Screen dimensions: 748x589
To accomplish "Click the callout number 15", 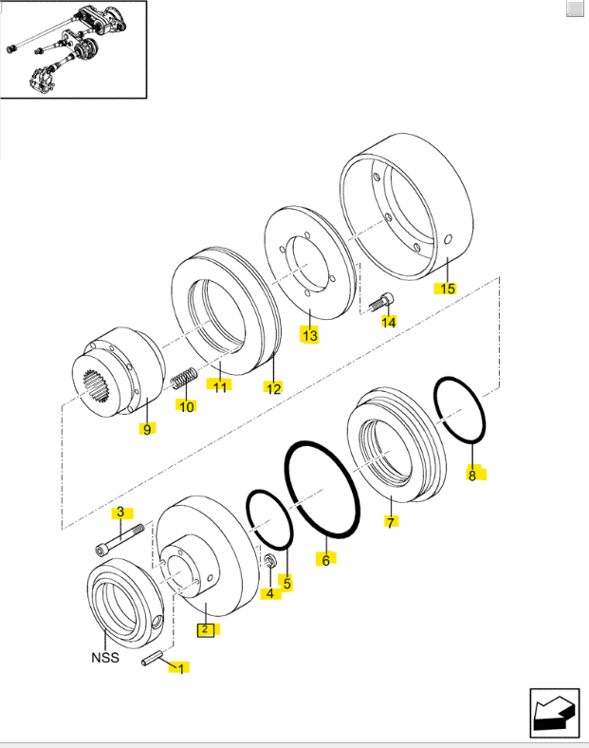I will click(x=445, y=288).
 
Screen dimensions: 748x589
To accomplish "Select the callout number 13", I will click(x=310, y=335).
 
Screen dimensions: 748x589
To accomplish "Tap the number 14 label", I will click(x=388, y=323).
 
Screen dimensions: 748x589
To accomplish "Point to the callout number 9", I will click(x=147, y=430).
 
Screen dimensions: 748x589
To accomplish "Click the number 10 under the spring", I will click(x=187, y=406).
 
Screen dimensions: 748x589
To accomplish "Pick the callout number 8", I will click(x=472, y=475).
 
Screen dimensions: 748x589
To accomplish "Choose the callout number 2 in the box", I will click(x=204, y=628).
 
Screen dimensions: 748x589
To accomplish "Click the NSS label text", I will click(x=104, y=658).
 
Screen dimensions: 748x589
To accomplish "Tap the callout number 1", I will click(x=176, y=668).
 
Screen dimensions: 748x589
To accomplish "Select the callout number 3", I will click(x=120, y=514).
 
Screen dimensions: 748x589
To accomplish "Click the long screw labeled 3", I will click(x=119, y=538).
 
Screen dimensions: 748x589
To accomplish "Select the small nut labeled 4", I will click(x=269, y=564).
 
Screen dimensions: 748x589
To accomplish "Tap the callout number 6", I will click(x=325, y=560).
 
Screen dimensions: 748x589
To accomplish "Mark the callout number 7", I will click(x=388, y=521).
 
